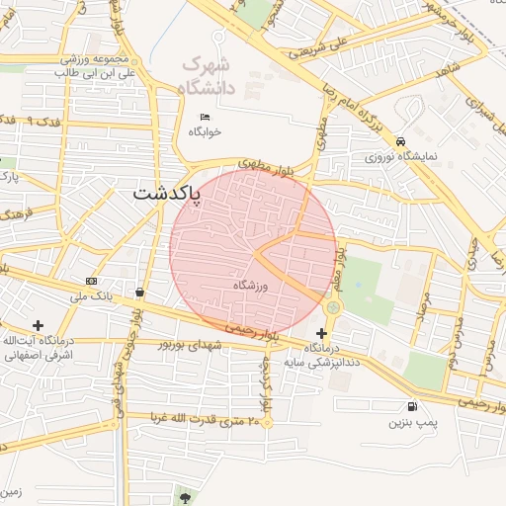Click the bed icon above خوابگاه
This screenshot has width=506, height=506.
[205, 118]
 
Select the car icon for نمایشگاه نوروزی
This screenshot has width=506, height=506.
[400, 141]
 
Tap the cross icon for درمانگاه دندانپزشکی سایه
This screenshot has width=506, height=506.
[321, 333]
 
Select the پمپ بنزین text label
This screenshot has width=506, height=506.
[411, 422]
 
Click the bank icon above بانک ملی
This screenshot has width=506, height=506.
[91, 281]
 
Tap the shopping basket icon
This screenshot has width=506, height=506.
[140, 292]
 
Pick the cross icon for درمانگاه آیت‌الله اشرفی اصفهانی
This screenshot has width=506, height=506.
[38, 325]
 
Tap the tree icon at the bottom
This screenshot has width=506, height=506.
[184, 493]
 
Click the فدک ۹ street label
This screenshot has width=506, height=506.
[43, 121]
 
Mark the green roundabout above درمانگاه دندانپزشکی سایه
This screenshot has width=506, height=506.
[331, 308]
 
